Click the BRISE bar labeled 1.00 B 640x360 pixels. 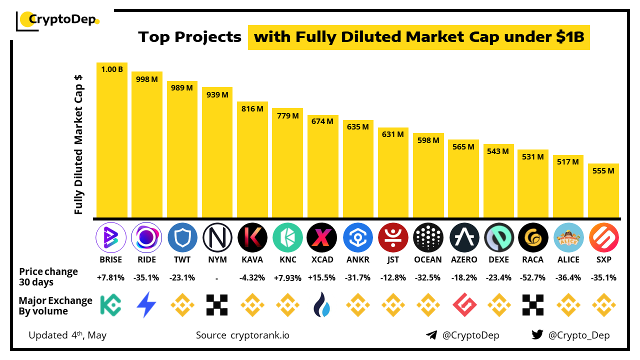click(112, 140)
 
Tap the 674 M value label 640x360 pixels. click(322, 121)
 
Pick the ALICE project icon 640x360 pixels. click(568, 237)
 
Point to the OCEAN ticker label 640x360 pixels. click(428, 259)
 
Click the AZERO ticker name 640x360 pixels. click(463, 259)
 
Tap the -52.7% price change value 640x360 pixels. click(533, 277)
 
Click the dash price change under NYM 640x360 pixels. click(217, 277)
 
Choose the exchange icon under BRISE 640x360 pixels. click(111, 305)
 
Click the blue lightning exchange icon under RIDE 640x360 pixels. click(146, 305)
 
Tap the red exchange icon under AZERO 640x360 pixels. click(463, 305)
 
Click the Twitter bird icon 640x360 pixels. click(537, 335)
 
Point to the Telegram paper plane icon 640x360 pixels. click(431, 335)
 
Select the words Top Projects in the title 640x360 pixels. click(190, 37)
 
